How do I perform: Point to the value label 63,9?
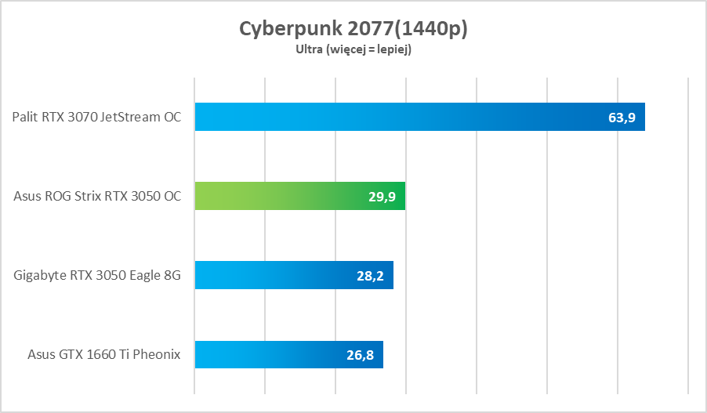click(622, 118)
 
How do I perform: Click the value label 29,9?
click(382, 197)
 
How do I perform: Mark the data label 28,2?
click(370, 276)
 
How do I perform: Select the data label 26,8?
click(360, 355)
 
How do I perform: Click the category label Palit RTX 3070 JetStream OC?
click(96, 118)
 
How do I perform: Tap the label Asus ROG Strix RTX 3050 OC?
click(97, 197)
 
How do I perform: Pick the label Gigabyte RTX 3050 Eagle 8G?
click(97, 276)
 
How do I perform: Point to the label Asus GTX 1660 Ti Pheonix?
click(103, 355)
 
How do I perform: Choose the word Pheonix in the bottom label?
click(156, 355)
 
